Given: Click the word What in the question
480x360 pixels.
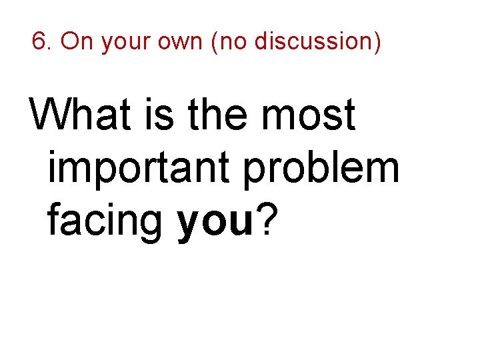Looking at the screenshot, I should pos(81,115).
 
